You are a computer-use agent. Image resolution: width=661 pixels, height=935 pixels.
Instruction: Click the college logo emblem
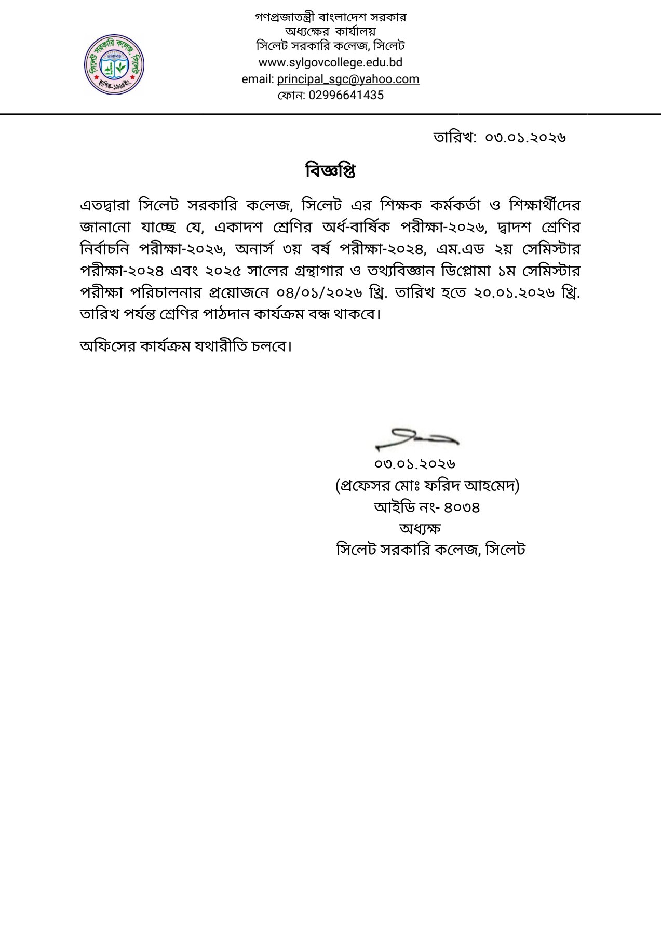(114, 65)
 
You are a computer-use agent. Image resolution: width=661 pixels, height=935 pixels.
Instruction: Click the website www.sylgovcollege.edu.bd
(330, 63)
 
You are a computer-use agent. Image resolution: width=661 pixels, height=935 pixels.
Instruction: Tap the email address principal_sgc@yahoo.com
(348, 79)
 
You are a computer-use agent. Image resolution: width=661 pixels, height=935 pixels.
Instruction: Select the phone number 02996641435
(346, 95)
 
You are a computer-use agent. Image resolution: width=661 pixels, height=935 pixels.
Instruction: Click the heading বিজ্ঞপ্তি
(330, 170)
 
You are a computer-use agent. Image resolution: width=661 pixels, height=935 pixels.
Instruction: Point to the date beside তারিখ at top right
(525, 137)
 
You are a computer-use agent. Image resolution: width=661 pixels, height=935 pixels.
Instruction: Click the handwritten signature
(416, 439)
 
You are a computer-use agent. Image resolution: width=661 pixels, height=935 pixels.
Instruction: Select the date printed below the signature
(415, 463)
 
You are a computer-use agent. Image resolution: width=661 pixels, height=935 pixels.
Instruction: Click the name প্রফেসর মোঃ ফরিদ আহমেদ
(427, 486)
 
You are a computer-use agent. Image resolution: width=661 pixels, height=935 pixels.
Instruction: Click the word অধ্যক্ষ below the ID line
(420, 528)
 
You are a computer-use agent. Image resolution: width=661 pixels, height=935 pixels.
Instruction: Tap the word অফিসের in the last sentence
(106, 345)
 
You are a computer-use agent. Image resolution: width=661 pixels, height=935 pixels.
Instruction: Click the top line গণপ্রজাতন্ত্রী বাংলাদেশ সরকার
(330, 17)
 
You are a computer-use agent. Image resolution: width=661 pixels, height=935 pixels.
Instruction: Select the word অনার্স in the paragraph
(254, 249)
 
